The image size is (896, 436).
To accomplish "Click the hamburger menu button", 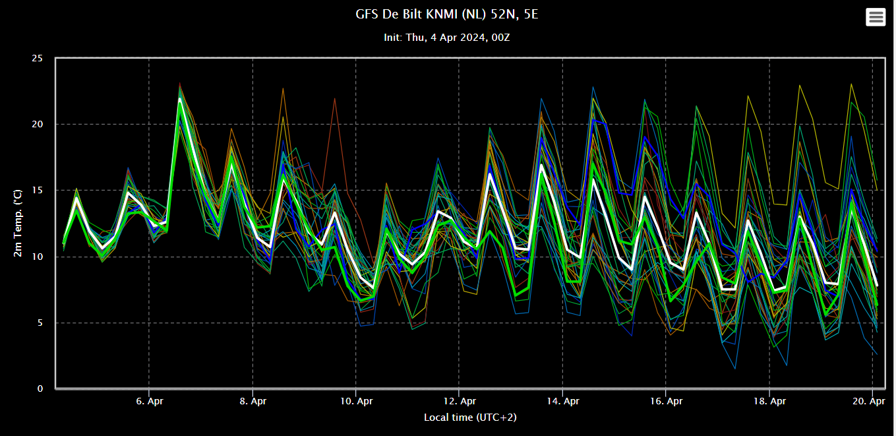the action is coord(876,17).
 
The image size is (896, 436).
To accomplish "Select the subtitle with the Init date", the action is coord(447,38).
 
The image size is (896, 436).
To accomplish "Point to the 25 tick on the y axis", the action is coord(37,59).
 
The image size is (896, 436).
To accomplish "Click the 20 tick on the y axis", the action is coord(37,125).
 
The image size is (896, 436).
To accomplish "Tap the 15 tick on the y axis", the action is coord(37,191).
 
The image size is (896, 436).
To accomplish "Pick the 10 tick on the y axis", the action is coord(37,257).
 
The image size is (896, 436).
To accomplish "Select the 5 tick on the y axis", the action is coord(40,323).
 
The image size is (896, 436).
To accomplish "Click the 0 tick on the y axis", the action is coord(40,389).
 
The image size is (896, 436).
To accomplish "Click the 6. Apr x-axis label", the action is coord(150,401).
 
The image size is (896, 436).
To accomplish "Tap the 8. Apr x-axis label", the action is coord(253,401).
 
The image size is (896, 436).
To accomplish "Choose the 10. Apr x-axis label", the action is coord(357,401).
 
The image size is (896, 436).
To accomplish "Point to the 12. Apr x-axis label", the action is coord(460,401).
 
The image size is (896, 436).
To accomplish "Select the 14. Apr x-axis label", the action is coord(563,401).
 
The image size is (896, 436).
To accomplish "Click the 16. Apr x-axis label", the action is coord(666,401).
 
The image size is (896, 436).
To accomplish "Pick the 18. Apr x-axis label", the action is coord(769,401).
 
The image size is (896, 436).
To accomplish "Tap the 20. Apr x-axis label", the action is coord(869,401).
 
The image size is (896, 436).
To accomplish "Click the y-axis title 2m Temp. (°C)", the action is coord(18,223).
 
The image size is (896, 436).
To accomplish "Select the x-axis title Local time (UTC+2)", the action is coord(470,418).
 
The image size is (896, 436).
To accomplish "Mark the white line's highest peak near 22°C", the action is coord(180,98).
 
